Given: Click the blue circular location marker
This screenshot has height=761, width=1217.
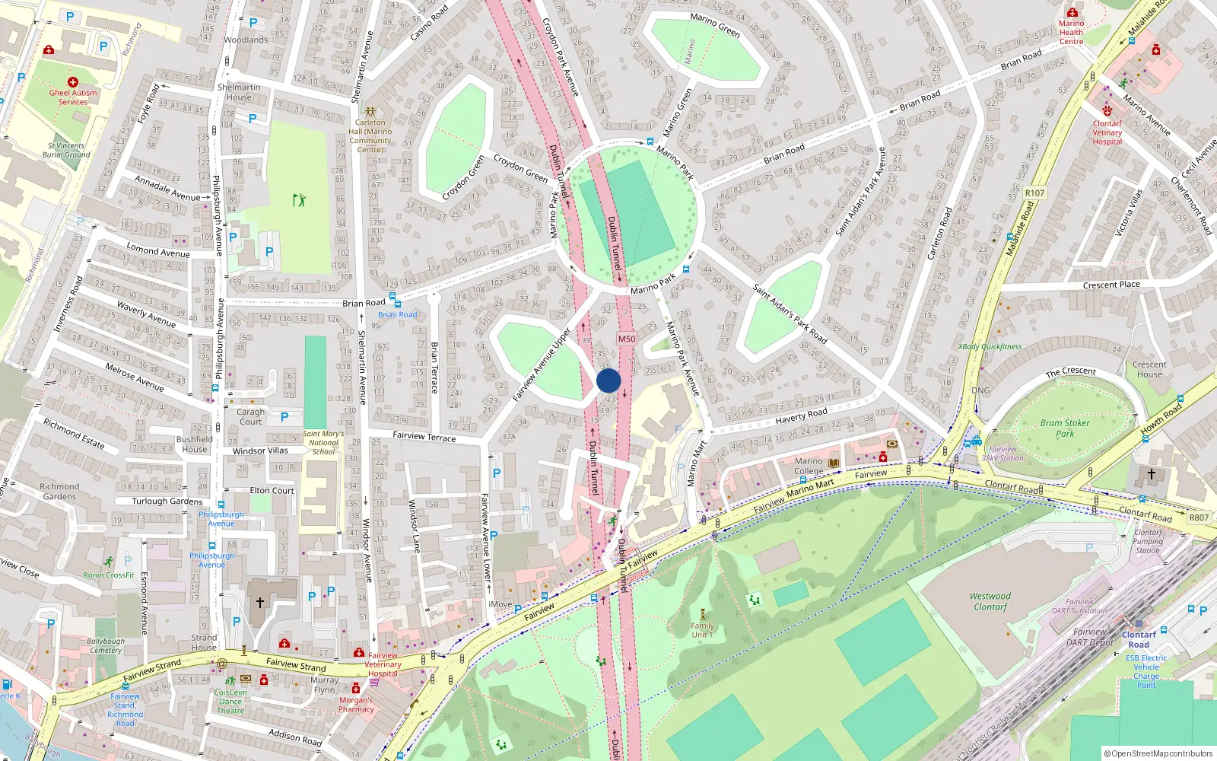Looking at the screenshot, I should click(608, 380).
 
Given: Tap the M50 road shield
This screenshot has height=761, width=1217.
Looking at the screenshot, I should click(626, 339).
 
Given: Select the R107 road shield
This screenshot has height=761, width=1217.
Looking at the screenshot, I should click(1034, 193).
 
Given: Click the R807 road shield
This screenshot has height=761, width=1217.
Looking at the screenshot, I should click(1199, 517).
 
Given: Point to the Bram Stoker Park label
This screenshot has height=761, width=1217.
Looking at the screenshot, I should click(1065, 428).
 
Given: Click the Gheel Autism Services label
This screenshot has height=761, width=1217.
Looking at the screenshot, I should click(73, 97).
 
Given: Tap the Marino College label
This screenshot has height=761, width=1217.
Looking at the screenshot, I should click(809, 466).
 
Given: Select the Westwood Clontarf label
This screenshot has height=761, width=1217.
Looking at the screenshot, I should click(990, 601).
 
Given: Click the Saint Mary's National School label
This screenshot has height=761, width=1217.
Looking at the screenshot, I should click(323, 442).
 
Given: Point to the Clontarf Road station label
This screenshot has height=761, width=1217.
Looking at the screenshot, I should click(1139, 639).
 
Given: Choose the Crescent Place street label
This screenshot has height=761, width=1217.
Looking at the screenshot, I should click(1111, 285).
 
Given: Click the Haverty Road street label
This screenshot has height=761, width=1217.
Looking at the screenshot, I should click(801, 415).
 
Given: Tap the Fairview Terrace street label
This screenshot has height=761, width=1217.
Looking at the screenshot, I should click(424, 436).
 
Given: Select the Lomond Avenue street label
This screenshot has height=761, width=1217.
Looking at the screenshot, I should click(158, 250).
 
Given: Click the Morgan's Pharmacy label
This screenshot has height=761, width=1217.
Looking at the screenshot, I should click(356, 704).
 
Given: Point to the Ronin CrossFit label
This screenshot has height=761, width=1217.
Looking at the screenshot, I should click(109, 575).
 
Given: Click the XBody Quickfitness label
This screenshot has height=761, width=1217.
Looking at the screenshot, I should click(990, 346).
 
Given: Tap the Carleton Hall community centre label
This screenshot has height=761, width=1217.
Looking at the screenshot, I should click(370, 135).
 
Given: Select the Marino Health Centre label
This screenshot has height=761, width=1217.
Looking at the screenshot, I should click(1071, 32).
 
